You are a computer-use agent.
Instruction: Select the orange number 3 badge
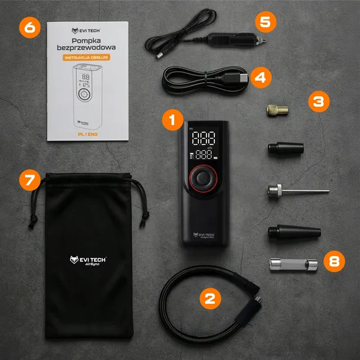(318, 101)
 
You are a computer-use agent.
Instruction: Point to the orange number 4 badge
(261, 77)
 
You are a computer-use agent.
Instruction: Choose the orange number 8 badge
(335, 261)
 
